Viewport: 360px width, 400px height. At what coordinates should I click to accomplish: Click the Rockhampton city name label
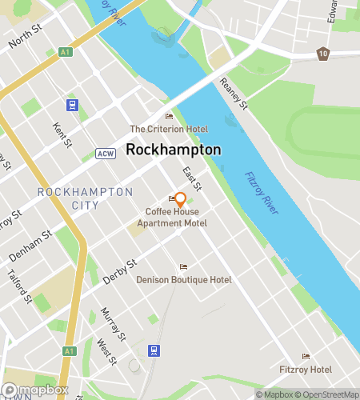coord(174,150)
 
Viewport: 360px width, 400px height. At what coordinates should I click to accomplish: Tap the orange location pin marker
coord(180,199)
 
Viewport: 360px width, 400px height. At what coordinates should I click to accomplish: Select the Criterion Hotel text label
coord(169,129)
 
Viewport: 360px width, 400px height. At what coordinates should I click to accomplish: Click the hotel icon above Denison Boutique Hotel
coord(184,266)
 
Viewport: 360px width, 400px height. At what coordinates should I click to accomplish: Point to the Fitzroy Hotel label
coord(305,370)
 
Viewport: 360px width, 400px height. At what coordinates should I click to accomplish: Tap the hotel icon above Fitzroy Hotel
coord(305,356)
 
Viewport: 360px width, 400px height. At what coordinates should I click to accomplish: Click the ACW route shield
coord(106,154)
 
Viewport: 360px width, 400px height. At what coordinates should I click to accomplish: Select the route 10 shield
coord(322,53)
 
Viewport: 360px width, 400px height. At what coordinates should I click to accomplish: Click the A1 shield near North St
coord(67,52)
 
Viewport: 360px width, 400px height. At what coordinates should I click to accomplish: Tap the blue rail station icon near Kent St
coord(73,105)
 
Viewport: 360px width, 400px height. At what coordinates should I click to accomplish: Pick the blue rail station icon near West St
coord(154,350)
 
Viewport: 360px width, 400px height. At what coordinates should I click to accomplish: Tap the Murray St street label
coord(111,322)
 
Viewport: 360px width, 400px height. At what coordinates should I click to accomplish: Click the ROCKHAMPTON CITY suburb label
coord(85,198)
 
